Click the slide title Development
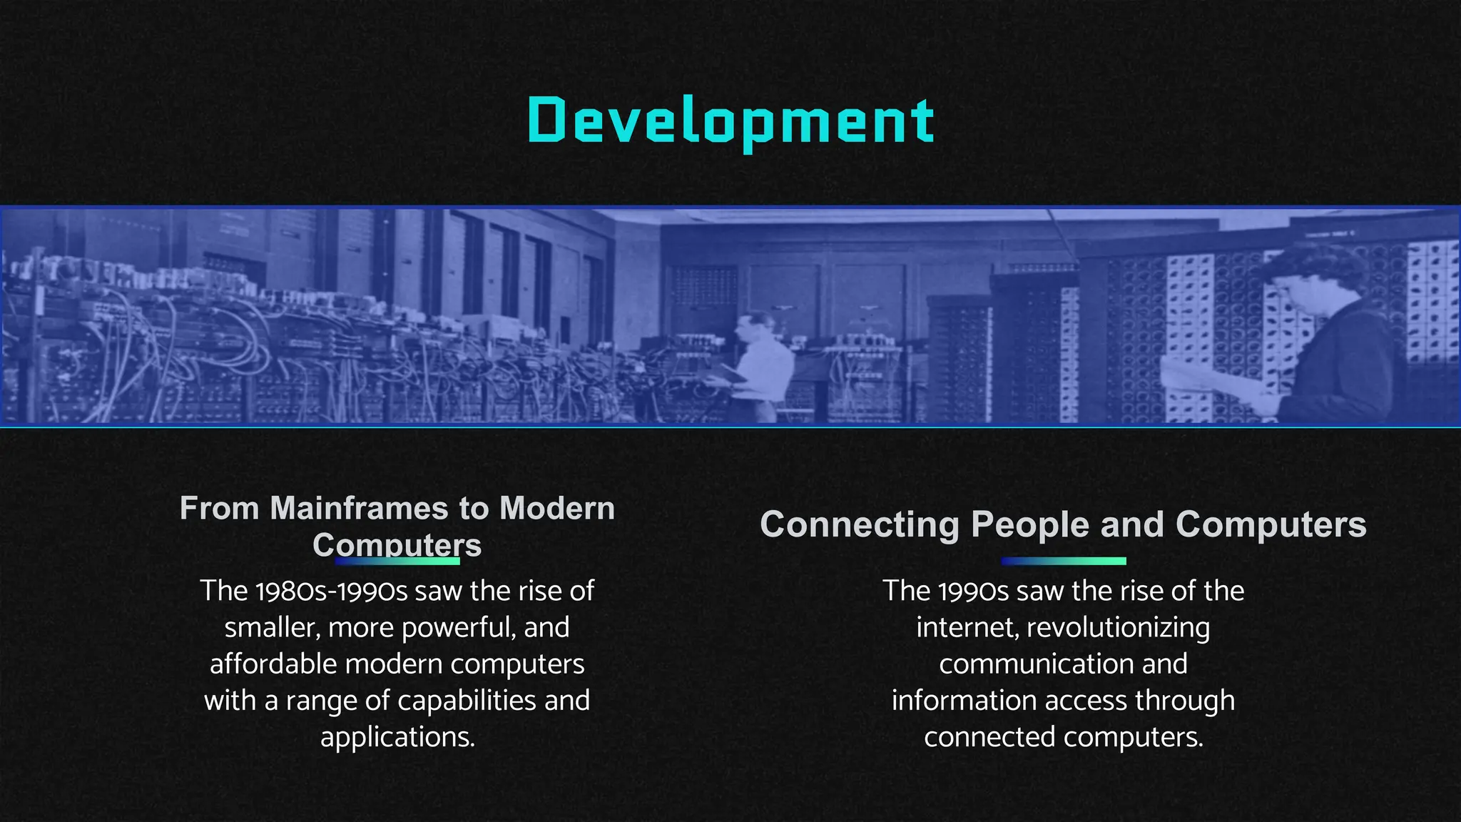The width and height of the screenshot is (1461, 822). (x=730, y=121)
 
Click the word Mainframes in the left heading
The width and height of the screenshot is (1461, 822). (x=360, y=509)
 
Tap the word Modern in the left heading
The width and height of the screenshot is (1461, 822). (x=556, y=509)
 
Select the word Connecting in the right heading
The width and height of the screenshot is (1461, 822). (x=859, y=525)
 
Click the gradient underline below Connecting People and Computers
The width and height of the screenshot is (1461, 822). (x=1063, y=561)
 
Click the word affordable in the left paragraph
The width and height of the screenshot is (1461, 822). (x=273, y=664)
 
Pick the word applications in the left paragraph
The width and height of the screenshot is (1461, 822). (x=397, y=737)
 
